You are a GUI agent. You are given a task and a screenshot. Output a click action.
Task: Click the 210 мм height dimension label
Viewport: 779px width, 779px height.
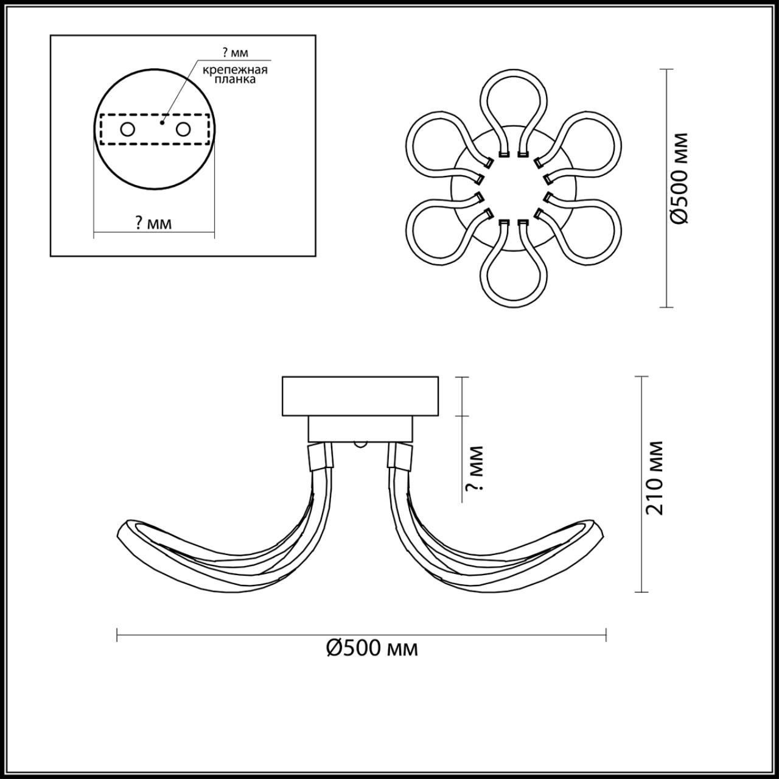point(654,478)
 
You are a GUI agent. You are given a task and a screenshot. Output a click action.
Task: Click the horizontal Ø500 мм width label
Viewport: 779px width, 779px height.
point(372,648)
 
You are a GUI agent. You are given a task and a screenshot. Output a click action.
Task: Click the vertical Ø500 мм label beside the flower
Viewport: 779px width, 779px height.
point(679,178)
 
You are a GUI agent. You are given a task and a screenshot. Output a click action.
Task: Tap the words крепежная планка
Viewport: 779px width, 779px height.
point(235,74)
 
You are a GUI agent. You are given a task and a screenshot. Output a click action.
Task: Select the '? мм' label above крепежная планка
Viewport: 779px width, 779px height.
point(236,52)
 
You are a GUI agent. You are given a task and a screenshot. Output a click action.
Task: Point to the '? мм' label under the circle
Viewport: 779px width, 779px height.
point(153,223)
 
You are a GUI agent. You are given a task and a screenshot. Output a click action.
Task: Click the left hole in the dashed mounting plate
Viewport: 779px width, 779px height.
point(127,130)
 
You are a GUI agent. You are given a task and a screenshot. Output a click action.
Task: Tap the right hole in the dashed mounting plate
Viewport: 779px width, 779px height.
point(183,130)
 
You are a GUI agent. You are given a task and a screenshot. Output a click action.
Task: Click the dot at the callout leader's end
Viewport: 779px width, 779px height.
point(162,122)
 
